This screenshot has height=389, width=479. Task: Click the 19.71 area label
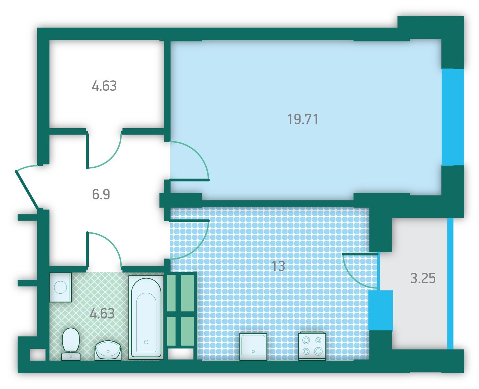tap(303, 119)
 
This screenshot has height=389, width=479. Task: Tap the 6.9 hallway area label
tap(101, 194)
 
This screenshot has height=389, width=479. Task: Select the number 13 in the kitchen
tap(278, 266)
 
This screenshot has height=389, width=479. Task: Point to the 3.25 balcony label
tap(423, 278)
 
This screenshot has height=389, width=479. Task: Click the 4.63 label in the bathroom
tap(102, 313)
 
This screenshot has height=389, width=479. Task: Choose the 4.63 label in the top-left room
tap(104, 86)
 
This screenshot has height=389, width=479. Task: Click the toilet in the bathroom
tap(71, 344)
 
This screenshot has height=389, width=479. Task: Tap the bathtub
tap(146, 318)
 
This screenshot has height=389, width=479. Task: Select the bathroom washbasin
tap(108, 350)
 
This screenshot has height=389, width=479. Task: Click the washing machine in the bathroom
tap(61, 288)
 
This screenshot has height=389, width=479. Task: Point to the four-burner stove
tap(312, 347)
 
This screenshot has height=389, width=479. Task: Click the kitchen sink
tap(253, 347)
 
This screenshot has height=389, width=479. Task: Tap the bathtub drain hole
tap(146, 342)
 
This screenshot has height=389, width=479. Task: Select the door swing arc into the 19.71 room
tap(198, 153)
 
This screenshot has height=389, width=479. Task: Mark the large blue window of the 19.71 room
tap(453, 117)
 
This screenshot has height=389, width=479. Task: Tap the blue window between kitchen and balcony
tap(381, 310)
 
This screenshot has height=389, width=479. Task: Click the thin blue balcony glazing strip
tap(450, 284)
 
